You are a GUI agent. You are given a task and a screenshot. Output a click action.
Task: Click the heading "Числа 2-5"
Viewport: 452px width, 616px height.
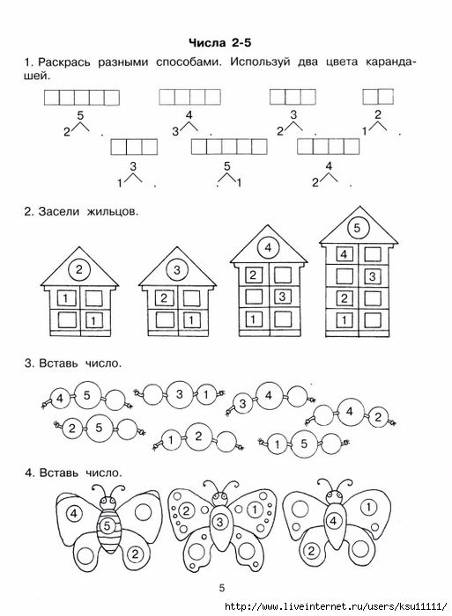click(x=220, y=43)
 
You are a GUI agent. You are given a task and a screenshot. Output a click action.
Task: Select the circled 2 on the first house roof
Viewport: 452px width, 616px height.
click(x=79, y=270)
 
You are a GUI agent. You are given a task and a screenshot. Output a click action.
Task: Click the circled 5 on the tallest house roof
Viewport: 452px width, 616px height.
click(x=357, y=228)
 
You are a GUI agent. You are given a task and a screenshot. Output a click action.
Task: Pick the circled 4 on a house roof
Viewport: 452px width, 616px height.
click(x=268, y=248)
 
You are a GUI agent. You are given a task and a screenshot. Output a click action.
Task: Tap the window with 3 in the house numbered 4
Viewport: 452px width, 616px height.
click(x=282, y=297)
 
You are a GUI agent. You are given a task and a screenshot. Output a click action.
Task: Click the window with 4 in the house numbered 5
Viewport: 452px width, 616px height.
click(x=344, y=254)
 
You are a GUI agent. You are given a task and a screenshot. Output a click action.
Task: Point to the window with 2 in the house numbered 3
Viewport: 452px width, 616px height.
click(x=164, y=298)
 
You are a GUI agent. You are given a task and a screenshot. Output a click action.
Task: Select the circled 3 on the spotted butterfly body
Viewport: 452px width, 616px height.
click(x=220, y=522)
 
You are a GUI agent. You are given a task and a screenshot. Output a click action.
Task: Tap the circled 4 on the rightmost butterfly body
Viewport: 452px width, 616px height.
click(x=333, y=521)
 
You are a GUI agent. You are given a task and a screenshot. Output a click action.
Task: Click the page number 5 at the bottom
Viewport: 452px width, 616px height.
click(x=222, y=588)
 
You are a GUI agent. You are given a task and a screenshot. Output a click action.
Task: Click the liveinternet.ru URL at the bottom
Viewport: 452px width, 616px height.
click(x=337, y=605)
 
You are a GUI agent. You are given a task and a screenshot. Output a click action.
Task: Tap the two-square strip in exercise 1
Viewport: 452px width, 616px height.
click(x=378, y=97)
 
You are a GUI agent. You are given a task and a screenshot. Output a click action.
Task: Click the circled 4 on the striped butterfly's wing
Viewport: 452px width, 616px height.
click(x=74, y=513)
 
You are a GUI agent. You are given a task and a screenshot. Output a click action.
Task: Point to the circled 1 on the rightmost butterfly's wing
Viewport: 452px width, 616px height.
click(x=368, y=507)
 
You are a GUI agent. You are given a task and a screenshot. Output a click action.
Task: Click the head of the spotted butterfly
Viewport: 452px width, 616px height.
click(x=220, y=499)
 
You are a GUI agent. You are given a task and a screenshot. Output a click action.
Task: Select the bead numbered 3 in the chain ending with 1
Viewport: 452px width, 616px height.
click(x=180, y=394)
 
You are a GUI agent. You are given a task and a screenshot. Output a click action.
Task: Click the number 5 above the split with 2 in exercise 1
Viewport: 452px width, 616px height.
click(x=80, y=115)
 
